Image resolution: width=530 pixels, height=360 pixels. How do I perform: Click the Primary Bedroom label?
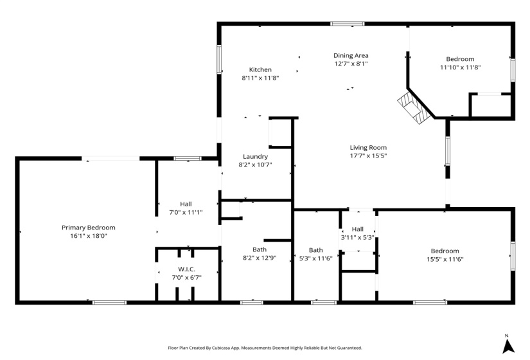89,228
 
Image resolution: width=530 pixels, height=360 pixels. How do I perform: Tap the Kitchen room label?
260,69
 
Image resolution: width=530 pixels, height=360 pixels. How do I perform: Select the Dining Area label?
351,55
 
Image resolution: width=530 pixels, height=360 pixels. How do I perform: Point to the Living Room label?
368,147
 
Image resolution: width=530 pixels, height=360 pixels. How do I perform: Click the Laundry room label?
255,156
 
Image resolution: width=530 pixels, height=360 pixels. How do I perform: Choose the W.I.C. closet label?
186,269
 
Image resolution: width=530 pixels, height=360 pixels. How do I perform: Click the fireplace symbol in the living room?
411,107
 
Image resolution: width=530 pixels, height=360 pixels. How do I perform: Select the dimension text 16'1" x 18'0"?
89,236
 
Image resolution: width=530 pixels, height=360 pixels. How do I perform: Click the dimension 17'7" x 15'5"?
368,156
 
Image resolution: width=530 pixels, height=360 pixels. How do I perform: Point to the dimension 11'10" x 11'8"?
461,67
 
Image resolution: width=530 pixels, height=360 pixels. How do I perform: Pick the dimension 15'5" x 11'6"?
445,259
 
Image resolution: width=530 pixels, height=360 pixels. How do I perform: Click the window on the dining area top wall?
348,24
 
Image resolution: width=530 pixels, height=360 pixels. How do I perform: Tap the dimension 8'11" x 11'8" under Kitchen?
260,78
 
